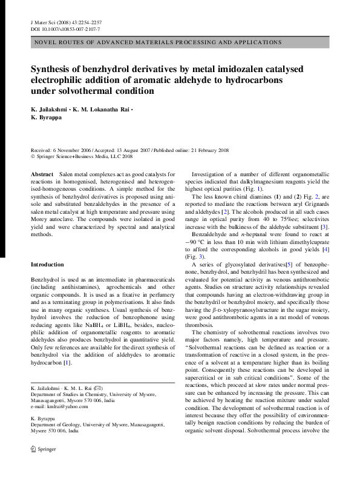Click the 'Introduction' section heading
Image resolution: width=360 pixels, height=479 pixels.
tap(47, 265)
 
